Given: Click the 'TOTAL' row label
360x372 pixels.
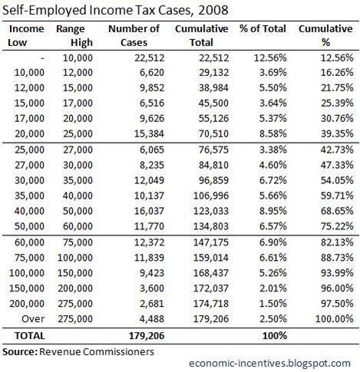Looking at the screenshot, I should pyautogui.click(x=27, y=335).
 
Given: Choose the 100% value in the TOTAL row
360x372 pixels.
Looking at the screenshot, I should pyautogui.click(x=269, y=335).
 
